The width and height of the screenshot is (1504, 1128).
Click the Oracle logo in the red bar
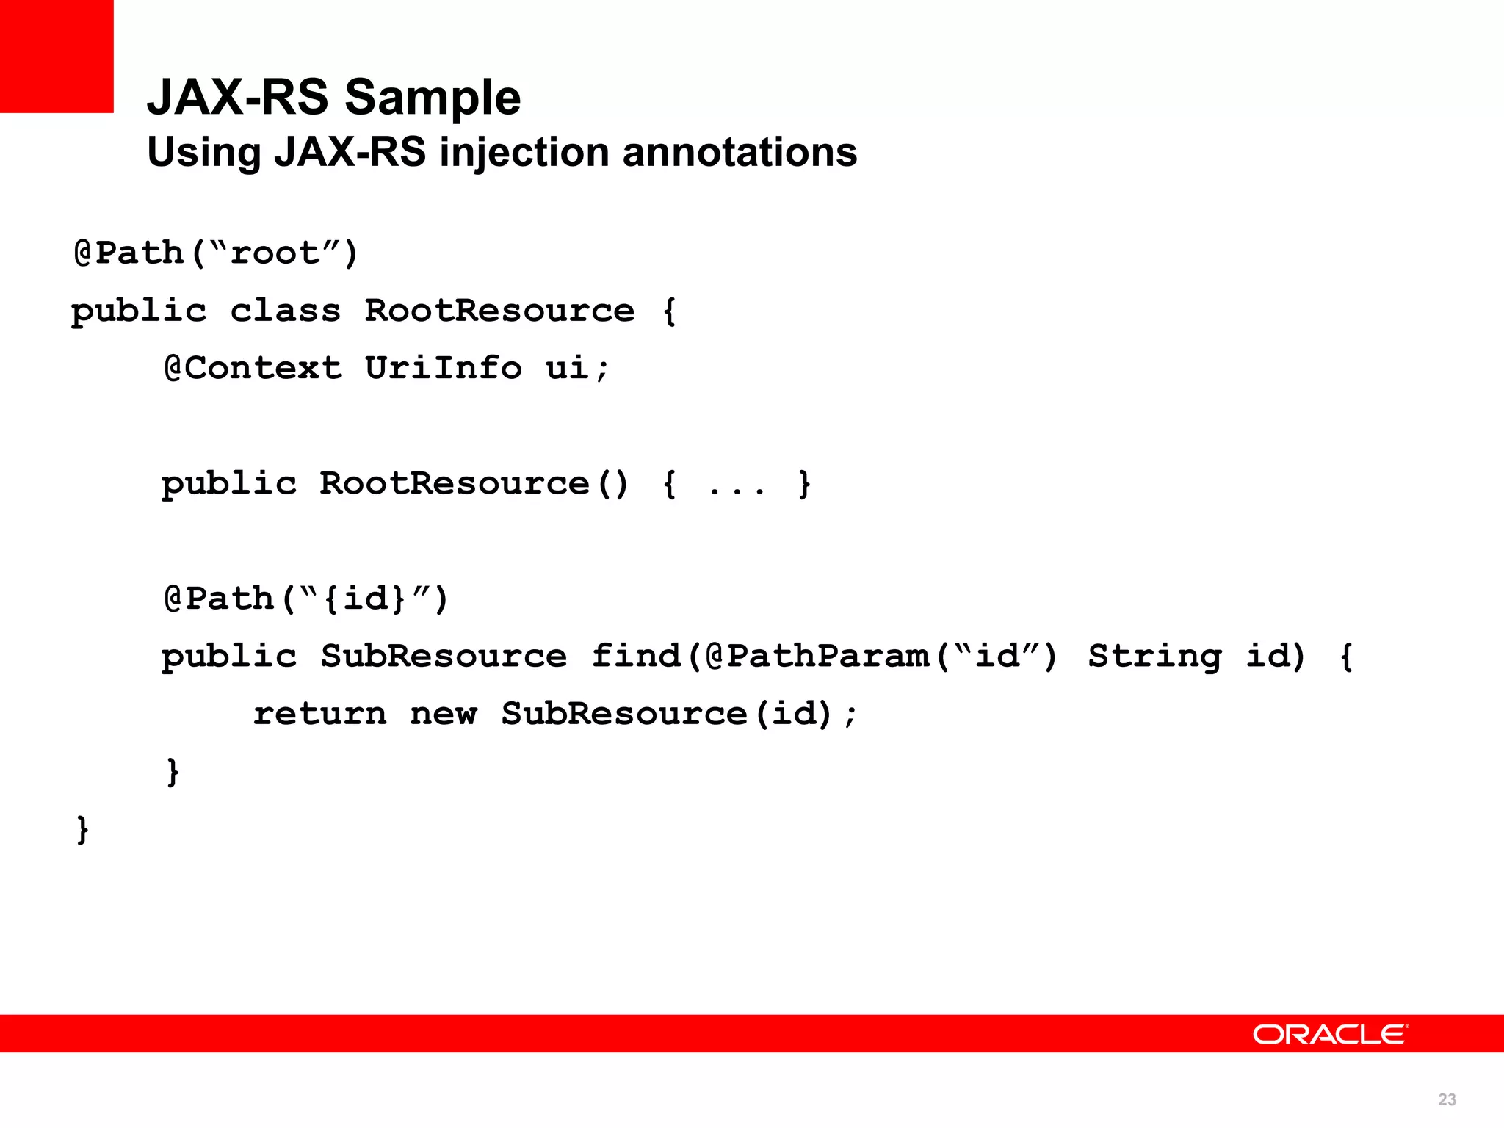[1330, 1034]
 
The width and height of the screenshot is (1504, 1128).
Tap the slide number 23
[1447, 1099]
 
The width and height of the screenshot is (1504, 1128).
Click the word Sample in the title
[433, 97]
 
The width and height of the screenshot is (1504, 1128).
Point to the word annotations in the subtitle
[740, 152]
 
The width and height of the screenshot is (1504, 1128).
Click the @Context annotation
[253, 368]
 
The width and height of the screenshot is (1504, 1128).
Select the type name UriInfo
[443, 368]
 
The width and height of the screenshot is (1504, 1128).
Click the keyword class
[286, 311]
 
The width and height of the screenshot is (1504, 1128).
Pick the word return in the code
[319, 714]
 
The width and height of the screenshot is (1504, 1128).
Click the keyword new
[444, 714]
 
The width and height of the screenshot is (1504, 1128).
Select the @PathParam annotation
[817, 656]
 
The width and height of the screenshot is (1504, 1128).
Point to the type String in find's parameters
[1154, 656]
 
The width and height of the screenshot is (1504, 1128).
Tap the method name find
[636, 656]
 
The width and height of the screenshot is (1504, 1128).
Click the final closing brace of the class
[83, 830]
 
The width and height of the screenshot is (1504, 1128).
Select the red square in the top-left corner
[57, 56]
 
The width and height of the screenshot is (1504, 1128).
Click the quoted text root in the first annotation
[275, 253]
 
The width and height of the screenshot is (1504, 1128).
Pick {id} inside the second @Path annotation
[364, 599]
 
